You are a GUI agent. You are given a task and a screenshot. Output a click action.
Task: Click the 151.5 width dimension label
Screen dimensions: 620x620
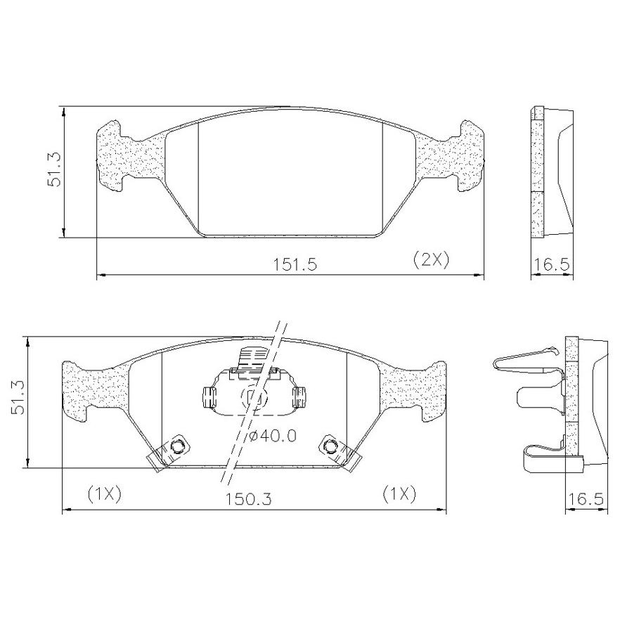[295, 264]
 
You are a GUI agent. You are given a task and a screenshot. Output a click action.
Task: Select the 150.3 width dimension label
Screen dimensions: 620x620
[249, 499]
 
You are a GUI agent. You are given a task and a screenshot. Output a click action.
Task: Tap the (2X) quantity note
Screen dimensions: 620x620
[431, 260]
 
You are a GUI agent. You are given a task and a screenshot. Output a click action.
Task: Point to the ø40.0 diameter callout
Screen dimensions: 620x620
[273, 436]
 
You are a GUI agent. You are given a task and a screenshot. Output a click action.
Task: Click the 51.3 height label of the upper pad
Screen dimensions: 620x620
[53, 169]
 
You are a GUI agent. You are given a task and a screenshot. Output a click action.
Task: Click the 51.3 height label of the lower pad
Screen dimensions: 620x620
[18, 397]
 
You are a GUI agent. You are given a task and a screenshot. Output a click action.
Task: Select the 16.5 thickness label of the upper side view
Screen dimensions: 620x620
[552, 264]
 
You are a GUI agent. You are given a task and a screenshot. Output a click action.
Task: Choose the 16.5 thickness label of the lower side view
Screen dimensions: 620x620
[586, 499]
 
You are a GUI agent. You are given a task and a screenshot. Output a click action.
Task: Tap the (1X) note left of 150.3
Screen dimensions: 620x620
[104, 495]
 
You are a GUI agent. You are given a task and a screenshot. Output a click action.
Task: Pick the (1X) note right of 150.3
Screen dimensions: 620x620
[399, 495]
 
